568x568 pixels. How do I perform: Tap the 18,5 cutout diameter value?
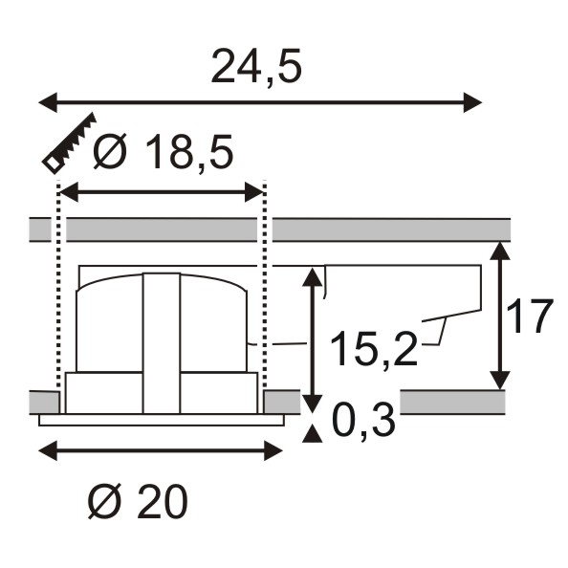tap(188, 152)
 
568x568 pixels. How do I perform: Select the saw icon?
tap(70, 143)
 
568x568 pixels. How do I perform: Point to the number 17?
tap(530, 317)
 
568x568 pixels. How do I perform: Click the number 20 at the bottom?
tap(162, 502)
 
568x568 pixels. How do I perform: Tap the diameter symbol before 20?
tap(104, 502)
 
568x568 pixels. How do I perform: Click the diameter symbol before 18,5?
tap(110, 152)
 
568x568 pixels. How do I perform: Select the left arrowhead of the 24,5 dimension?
tap(48, 102)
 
